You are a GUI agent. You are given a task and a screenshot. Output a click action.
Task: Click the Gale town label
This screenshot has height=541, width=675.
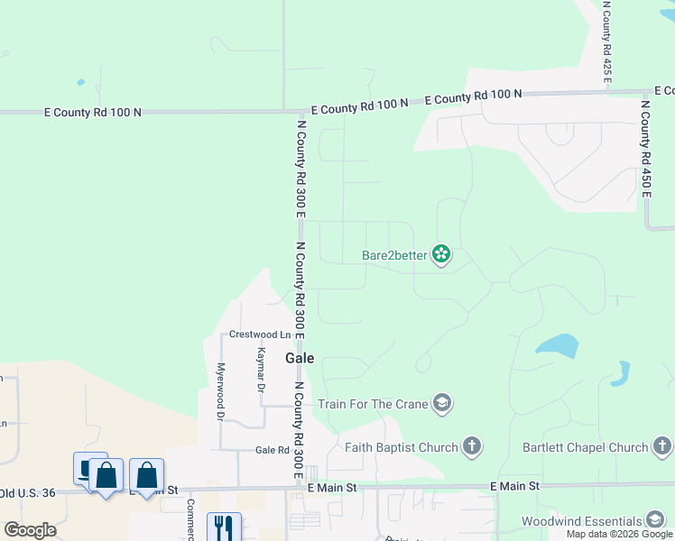point(300,358)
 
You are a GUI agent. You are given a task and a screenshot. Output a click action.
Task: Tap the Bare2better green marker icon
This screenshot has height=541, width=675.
point(441,255)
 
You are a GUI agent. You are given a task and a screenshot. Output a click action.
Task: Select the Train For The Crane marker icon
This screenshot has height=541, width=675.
point(441,403)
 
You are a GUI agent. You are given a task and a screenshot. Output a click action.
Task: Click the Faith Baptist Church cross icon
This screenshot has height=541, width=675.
point(471,445)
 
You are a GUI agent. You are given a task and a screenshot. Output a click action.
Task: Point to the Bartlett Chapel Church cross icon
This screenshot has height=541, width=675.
point(662,446)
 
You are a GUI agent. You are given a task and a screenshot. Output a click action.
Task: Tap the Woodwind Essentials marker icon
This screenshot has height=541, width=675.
point(656,520)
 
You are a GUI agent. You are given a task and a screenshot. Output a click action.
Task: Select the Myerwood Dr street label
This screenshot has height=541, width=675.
point(220,393)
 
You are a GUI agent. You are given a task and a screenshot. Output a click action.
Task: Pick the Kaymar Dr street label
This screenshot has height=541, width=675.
point(261,371)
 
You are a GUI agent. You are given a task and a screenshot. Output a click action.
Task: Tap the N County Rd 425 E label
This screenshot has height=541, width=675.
point(607,43)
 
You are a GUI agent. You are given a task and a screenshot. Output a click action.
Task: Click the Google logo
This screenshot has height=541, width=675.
point(30,530)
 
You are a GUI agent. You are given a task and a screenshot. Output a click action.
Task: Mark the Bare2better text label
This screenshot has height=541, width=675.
point(394,255)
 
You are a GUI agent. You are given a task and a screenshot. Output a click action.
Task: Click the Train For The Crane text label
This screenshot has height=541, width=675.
point(372,404)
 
